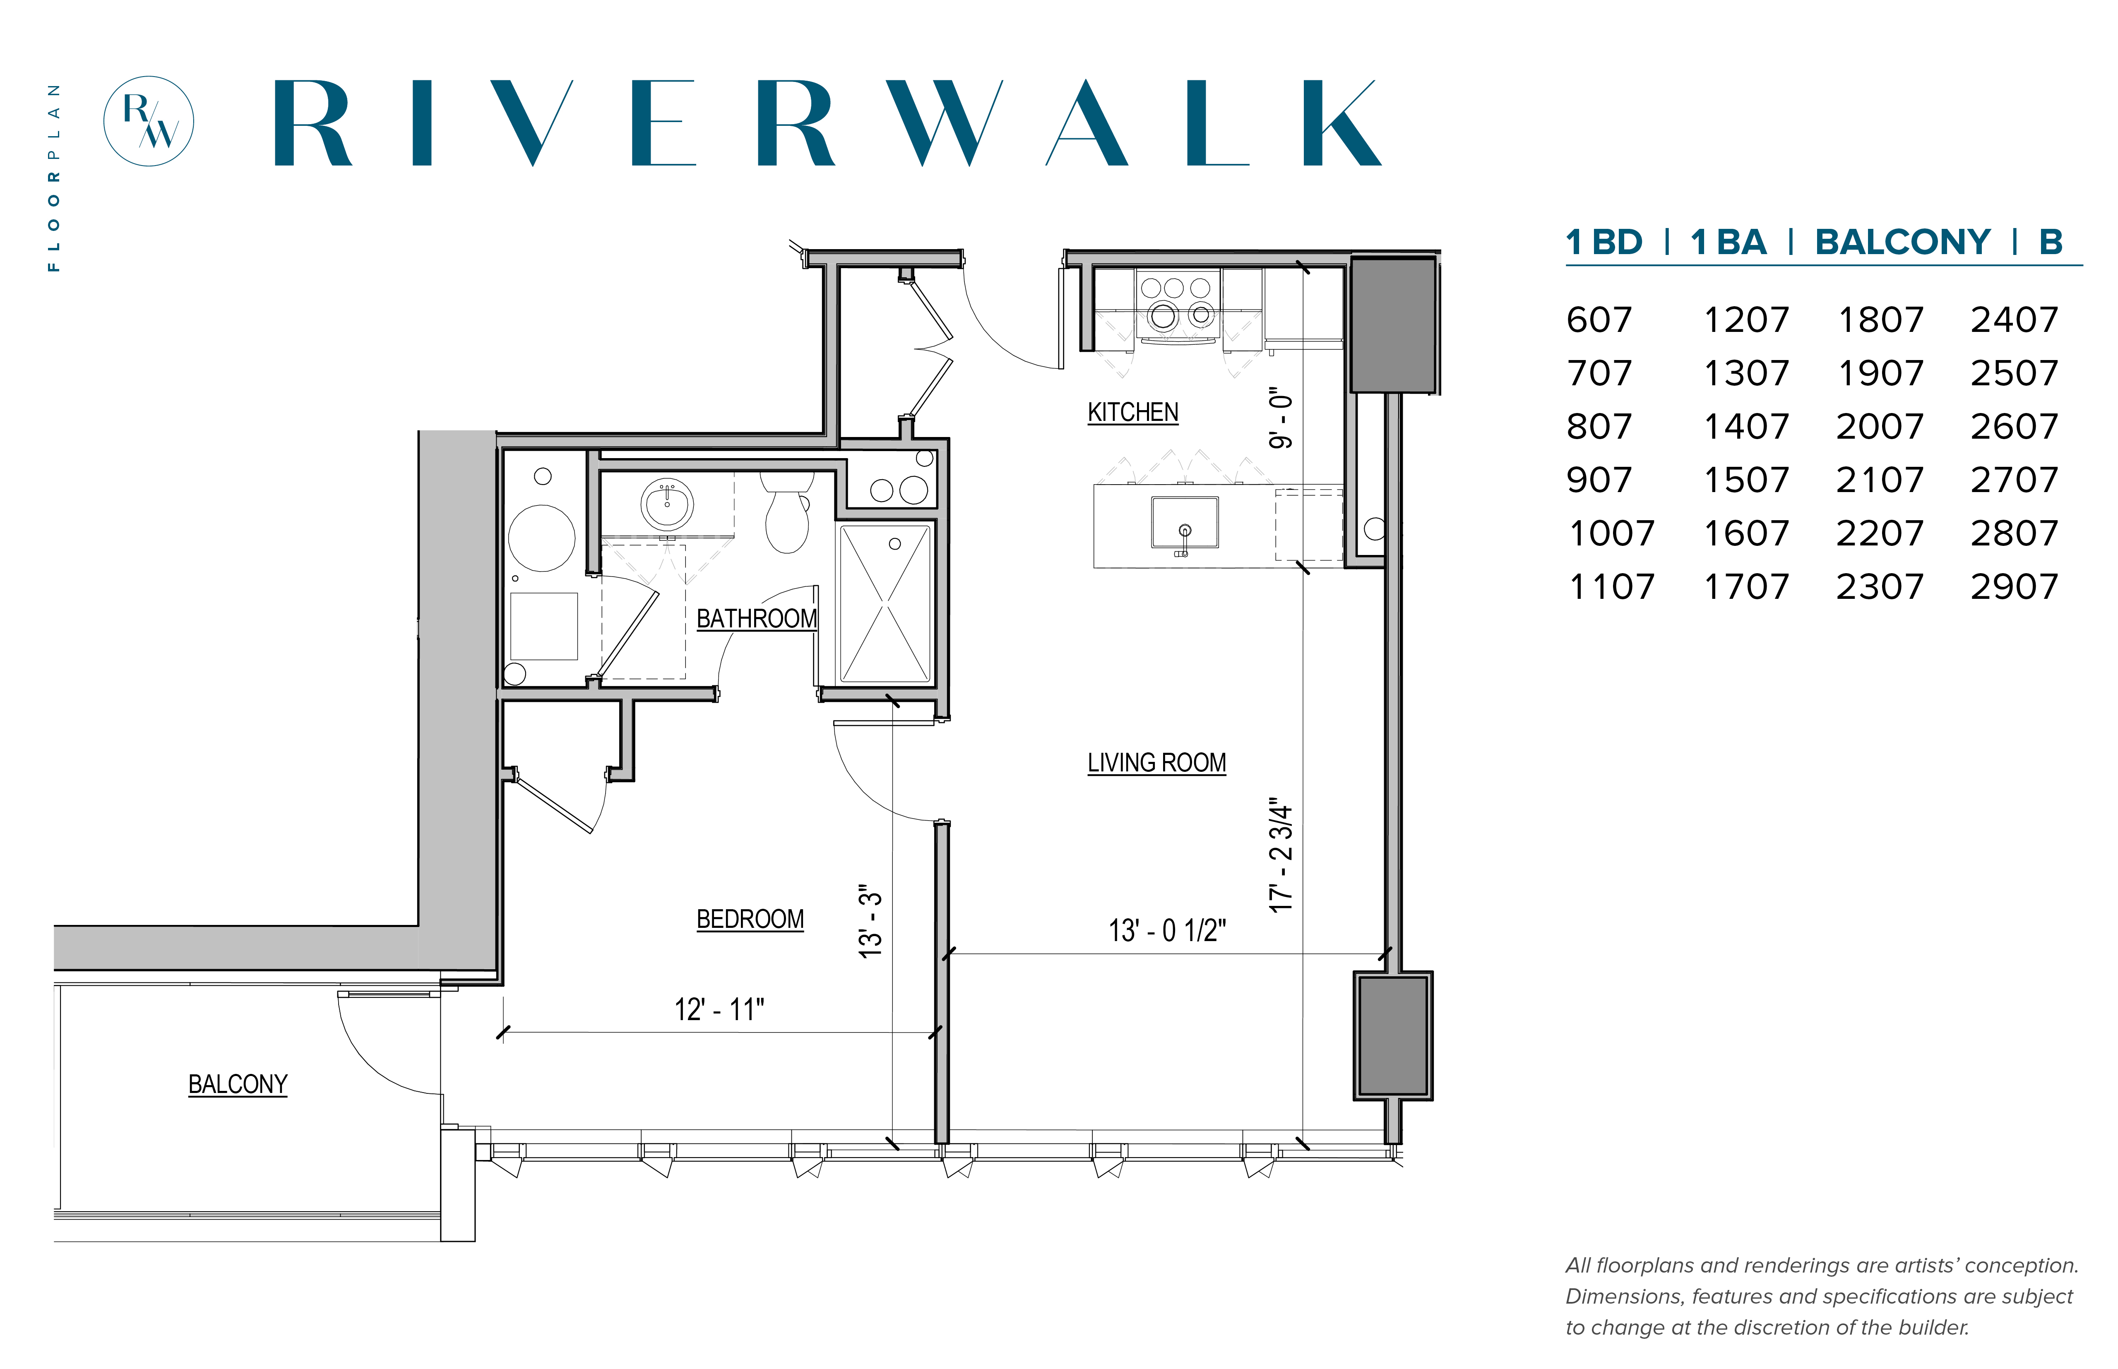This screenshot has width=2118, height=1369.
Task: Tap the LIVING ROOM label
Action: [x=1156, y=763]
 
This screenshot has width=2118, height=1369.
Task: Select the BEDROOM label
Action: [x=750, y=919]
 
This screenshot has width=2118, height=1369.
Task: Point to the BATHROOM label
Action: [x=756, y=619]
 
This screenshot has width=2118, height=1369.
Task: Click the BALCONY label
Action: [x=238, y=1085]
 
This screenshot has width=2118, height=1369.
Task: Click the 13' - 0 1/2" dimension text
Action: [x=1166, y=931]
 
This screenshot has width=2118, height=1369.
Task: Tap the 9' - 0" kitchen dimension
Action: [x=1280, y=418]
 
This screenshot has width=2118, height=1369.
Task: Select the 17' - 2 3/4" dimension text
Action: [x=1280, y=854]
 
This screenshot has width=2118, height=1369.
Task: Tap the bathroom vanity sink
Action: [x=667, y=504]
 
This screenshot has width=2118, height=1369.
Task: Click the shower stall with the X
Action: [x=885, y=604]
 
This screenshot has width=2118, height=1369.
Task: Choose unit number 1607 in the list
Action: [x=1745, y=533]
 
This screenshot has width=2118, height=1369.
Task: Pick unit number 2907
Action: [x=2014, y=587]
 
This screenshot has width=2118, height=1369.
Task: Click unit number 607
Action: [x=1599, y=320]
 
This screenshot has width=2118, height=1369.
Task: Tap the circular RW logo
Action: [x=149, y=121]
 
